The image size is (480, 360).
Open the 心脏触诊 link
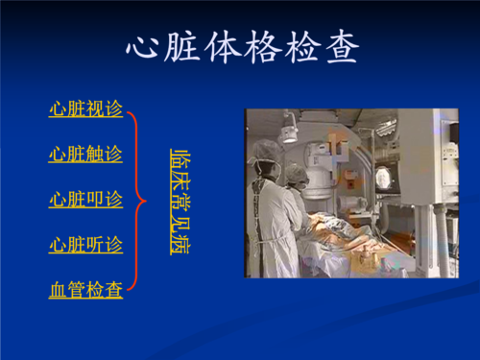[x=86, y=154]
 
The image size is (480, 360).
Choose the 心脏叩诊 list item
[x=86, y=200]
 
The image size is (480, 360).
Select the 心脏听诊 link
[x=86, y=245]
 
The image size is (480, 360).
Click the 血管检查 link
[x=86, y=289]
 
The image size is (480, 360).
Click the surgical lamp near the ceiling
[x=288, y=129]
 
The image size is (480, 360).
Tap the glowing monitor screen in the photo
[x=383, y=178]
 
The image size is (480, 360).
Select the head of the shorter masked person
[x=297, y=175]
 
